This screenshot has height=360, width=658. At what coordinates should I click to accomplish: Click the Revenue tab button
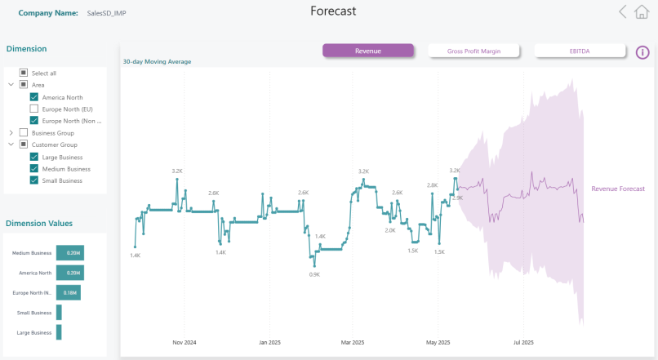[367, 51]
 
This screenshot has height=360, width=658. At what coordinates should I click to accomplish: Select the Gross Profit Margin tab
[473, 51]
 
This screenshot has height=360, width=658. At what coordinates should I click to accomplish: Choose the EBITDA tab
[580, 51]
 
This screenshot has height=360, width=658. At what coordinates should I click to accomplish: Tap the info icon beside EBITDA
[643, 52]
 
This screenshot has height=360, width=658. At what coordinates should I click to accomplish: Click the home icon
[642, 11]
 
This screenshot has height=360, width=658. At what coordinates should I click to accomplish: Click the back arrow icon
[623, 11]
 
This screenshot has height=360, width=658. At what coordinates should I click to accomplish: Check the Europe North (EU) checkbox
[34, 109]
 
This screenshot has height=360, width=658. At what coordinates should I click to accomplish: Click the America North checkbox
[34, 97]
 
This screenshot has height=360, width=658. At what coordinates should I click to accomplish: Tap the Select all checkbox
[24, 73]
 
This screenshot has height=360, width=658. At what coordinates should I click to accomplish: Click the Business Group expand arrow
[11, 132]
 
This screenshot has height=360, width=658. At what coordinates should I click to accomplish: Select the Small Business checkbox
[34, 180]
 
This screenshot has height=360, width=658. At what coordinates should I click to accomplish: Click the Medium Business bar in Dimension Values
[70, 253]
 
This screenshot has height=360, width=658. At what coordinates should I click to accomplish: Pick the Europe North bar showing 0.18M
[68, 292]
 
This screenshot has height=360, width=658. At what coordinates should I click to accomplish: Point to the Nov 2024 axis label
[185, 342]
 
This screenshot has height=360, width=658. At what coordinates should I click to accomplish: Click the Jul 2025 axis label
[523, 342]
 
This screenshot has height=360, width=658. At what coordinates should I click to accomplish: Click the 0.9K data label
[314, 274]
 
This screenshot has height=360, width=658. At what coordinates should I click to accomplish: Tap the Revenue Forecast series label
[618, 189]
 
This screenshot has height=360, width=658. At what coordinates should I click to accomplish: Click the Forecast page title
[333, 11]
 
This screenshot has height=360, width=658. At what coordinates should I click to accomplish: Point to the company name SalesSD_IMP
[107, 13]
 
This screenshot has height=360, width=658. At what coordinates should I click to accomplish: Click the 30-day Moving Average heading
[157, 61]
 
